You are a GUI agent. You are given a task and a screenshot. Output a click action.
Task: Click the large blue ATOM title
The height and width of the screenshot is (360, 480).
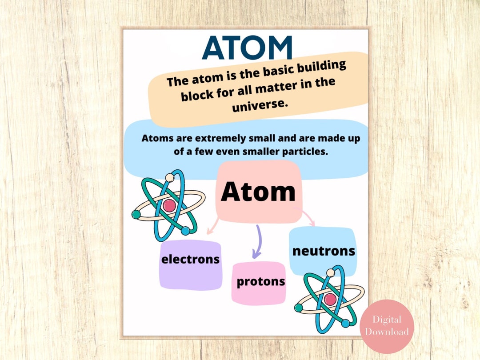[247, 48]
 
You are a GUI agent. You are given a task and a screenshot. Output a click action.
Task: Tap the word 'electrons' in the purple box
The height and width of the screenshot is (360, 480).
[190, 259]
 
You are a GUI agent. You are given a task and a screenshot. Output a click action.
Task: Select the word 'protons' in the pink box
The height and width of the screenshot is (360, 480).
[260, 281]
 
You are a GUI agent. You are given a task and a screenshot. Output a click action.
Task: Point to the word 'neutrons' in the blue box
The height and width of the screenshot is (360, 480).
[324, 251]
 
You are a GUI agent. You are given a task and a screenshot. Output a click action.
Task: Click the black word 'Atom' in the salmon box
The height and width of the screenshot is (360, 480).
[258, 192]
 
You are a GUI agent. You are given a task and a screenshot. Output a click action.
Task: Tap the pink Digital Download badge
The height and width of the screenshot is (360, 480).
[387, 326]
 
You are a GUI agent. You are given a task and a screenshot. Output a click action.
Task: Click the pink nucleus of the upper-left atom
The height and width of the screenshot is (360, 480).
[169, 205]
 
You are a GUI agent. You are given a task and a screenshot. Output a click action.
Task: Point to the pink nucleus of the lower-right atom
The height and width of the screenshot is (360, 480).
[329, 299]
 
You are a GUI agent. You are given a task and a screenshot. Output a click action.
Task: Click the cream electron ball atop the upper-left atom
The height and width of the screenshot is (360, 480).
[169, 178]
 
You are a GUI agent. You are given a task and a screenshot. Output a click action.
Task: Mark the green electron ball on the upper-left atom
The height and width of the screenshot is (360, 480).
[136, 214]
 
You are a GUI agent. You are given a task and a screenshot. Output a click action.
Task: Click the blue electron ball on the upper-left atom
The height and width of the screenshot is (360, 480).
[185, 231]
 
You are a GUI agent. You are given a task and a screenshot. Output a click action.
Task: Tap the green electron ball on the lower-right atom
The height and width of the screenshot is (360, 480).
[299, 308]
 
